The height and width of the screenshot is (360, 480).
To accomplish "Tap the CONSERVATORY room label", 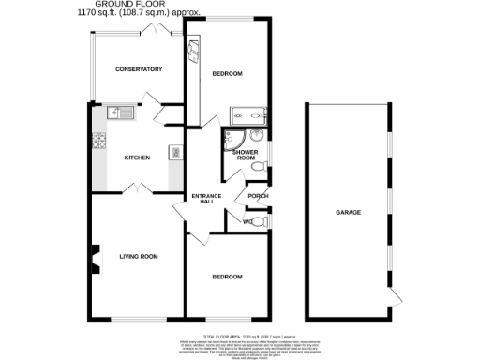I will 139,69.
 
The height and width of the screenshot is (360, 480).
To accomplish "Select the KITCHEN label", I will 138,157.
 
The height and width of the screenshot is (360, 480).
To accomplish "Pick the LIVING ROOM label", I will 138,256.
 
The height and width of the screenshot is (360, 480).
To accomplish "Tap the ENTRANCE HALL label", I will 204,198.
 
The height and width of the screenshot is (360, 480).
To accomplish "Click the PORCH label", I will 258,196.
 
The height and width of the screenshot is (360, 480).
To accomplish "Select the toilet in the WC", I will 262,222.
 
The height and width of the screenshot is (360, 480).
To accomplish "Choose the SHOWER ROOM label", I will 245,155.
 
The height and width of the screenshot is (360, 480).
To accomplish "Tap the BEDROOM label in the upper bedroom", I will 227,73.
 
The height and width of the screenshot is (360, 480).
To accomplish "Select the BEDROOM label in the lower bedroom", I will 227,277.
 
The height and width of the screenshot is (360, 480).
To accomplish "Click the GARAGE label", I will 349,212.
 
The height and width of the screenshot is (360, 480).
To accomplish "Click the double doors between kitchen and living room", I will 138,189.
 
